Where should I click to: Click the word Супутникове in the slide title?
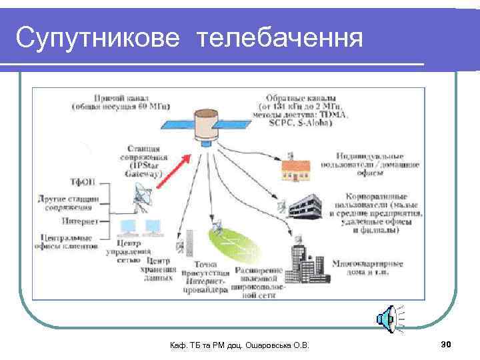97,39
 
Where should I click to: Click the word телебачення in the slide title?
280,39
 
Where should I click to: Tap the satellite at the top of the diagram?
211,127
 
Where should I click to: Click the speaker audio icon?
389,321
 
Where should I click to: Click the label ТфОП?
84,181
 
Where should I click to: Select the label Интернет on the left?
81,221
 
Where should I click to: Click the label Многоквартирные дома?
367,268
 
